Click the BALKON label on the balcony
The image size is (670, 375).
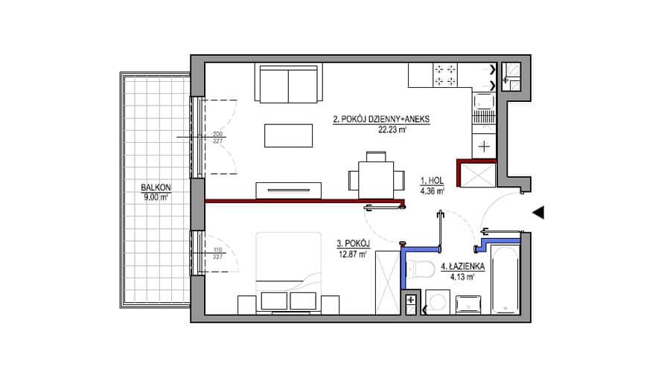(x=156, y=187)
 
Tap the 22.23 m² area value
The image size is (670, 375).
(x=392, y=130)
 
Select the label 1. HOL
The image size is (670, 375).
(x=432, y=181)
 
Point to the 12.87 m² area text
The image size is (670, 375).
(x=353, y=254)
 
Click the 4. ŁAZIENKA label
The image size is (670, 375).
(x=463, y=266)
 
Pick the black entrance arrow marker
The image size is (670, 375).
(x=538, y=212)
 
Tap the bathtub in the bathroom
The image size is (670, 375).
(x=505, y=279)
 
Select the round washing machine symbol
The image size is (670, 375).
(x=438, y=302)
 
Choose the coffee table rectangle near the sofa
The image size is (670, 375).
(x=288, y=135)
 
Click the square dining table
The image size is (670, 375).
(x=376, y=180)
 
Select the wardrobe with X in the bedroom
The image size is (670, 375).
(x=388, y=283)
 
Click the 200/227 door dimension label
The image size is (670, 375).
(x=217, y=137)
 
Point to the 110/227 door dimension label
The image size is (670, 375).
(x=217, y=253)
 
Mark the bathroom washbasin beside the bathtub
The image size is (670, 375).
(x=468, y=305)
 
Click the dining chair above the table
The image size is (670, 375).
(x=376, y=156)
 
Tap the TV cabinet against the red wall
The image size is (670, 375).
(x=288, y=190)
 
